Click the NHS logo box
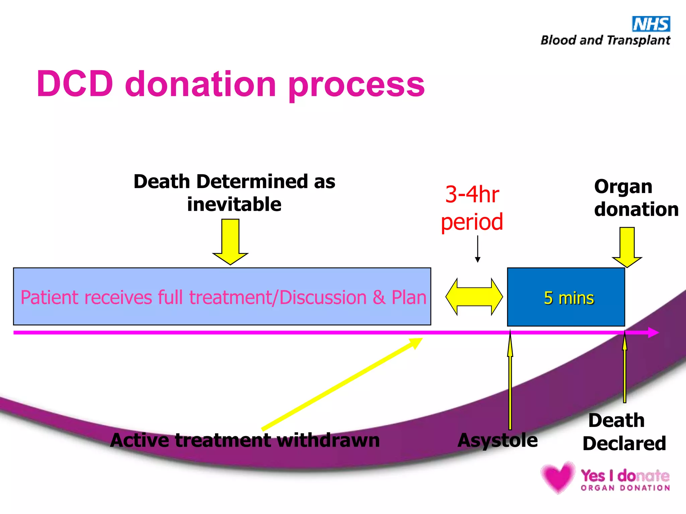pos(651,24)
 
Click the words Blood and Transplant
pos(605,40)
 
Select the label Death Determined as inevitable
pos(234,193)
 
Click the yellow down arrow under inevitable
pos(230,241)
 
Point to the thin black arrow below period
pos(478,249)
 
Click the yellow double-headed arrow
pos(474,296)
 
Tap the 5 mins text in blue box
pos(569,298)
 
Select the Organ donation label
pos(636,198)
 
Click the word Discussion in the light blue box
pos(323,297)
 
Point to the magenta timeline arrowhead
pos(653,332)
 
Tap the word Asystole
pos(497,440)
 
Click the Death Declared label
pos(624,432)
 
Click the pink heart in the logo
pos(558,477)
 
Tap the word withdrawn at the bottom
pos(328,440)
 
